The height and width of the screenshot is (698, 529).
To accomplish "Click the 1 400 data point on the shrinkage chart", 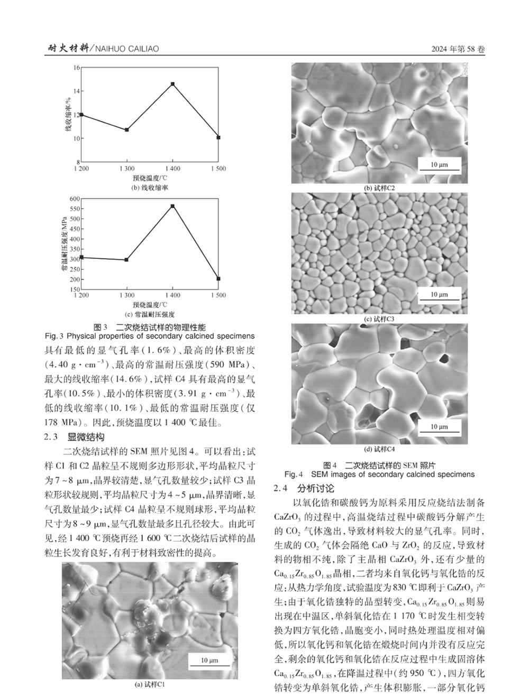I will coord(172,84).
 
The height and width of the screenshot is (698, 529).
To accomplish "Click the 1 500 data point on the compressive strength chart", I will coord(218,278).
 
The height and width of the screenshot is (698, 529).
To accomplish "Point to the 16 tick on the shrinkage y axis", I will coord(77,68).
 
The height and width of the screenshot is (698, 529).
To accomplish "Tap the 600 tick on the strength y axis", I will coord(75,199).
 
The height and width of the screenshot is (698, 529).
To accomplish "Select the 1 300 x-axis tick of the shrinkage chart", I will coord(127,169).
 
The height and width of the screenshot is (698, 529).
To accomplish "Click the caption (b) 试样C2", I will coord(379,188).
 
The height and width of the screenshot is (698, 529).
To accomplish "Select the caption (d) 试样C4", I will coord(379,450).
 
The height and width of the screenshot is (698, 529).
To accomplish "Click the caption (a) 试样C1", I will coord(150,685).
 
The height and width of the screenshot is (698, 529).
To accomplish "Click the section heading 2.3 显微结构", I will coord(75,437).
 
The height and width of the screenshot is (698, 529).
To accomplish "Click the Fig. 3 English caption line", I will coord(150,336).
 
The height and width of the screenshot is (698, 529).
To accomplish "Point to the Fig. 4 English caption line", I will coord(379,474).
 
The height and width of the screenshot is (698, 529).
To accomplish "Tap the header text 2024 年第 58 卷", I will coord(458,49).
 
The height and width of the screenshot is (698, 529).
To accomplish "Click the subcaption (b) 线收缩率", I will coord(150,188).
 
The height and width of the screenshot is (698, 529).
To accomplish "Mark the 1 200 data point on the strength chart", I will coord(81,257).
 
